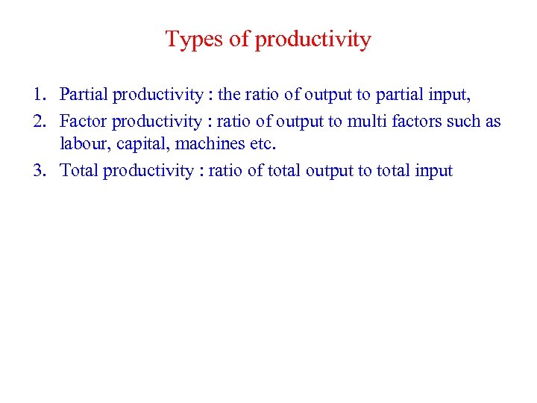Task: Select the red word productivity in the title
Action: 313,40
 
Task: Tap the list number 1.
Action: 39,95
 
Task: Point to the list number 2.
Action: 39,121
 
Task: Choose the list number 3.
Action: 39,171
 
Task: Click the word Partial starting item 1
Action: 84,95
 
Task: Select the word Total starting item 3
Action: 79,171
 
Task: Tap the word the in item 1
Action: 228,95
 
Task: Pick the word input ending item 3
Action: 430,172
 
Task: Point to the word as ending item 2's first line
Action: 493,121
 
